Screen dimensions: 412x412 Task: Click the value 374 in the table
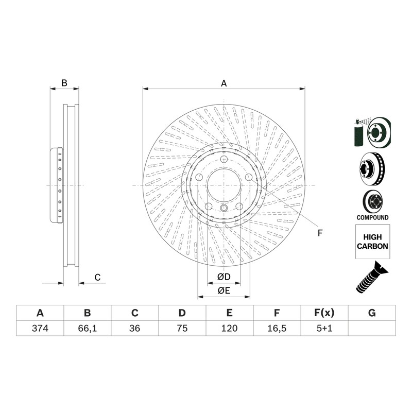(x=40, y=328)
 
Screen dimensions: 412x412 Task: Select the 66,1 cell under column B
(x=87, y=328)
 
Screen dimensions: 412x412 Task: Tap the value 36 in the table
(x=134, y=328)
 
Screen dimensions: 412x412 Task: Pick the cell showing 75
(x=182, y=328)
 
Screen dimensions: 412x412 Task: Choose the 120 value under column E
(x=229, y=328)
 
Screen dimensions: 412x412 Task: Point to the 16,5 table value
(x=277, y=328)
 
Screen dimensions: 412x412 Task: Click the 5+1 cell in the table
(x=324, y=328)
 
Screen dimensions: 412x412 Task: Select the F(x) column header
(x=324, y=313)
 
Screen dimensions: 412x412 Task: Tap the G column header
(x=372, y=313)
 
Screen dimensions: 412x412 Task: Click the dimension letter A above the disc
(x=224, y=83)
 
